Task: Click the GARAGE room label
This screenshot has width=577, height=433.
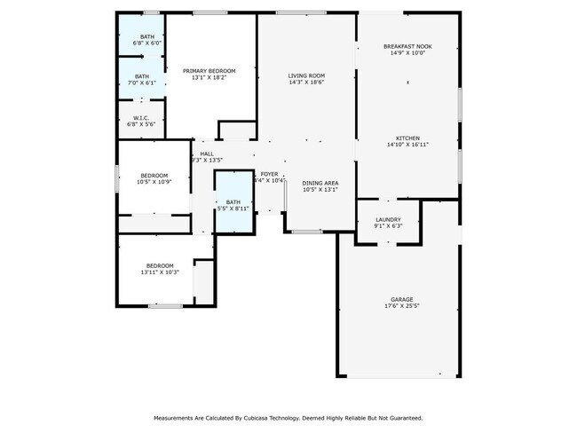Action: point(402,299)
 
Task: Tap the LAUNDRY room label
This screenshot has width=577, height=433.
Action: point(388,219)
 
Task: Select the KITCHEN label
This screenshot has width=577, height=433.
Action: point(407,138)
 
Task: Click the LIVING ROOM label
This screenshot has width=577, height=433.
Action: point(306,75)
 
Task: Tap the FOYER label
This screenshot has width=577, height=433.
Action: point(269,174)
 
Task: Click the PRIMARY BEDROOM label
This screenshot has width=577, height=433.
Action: point(209,71)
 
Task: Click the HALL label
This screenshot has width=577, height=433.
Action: point(207,154)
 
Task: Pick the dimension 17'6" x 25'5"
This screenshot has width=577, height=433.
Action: point(402,306)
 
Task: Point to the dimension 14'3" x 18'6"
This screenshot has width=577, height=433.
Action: point(306,83)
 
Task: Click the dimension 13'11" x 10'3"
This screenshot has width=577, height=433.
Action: point(160,272)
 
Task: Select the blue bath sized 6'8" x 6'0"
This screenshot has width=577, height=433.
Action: point(142,39)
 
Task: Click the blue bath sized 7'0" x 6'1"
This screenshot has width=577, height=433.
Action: point(142,79)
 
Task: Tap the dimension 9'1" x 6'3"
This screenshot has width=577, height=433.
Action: point(388,226)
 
